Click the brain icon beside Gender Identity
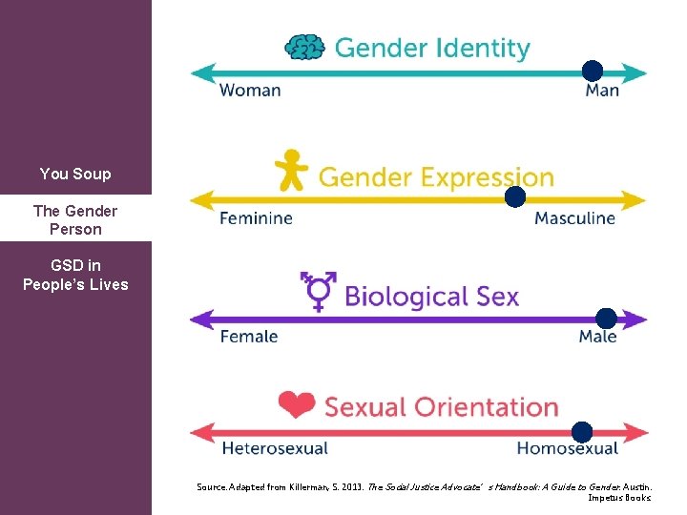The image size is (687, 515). point(305,47)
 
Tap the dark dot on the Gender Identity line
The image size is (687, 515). point(593,71)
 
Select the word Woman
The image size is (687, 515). point(250,91)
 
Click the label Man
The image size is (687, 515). point(602,91)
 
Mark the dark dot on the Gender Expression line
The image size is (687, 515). point(515,197)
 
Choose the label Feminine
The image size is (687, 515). point(256,218)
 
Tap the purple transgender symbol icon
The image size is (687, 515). point(319,291)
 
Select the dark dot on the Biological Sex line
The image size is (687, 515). point(606,319)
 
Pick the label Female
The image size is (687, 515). point(249,337)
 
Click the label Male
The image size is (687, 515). point(598,337)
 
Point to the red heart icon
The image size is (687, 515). point(297,405)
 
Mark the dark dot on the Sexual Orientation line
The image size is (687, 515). point(582,432)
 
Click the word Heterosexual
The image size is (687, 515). point(275,448)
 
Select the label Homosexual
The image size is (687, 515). point(568,448)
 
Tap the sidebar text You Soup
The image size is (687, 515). point(75,174)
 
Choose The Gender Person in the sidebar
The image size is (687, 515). point(75,220)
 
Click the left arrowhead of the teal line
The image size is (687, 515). point(199,72)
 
